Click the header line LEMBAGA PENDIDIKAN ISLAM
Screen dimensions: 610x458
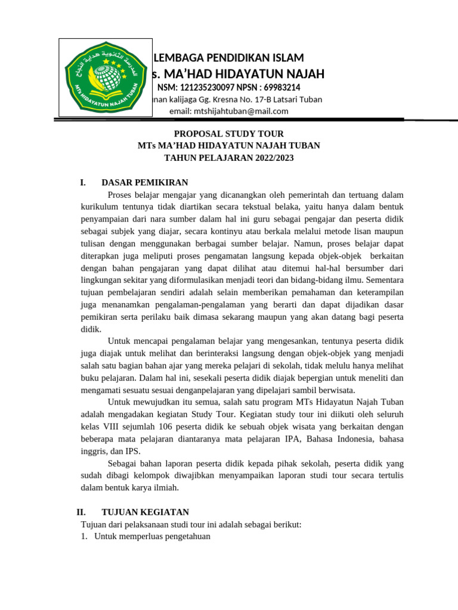point(229,58)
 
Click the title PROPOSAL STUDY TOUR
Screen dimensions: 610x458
point(228,134)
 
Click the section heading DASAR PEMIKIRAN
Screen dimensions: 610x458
point(145,182)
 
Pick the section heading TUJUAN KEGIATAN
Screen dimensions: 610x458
point(146,512)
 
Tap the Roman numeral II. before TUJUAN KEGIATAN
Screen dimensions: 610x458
point(82,512)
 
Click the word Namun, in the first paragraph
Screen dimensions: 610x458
point(310,243)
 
